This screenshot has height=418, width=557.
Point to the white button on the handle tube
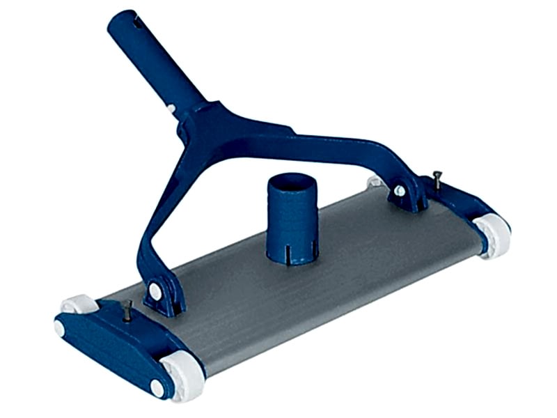click(x=172, y=109)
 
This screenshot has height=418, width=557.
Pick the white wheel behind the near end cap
click(x=78, y=304)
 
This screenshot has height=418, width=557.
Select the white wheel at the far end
click(x=494, y=235)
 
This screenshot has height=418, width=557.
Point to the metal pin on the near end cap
click(x=127, y=311)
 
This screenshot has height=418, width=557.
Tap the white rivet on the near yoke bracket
click(x=155, y=291)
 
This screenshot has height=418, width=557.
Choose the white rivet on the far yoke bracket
click(x=399, y=190)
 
